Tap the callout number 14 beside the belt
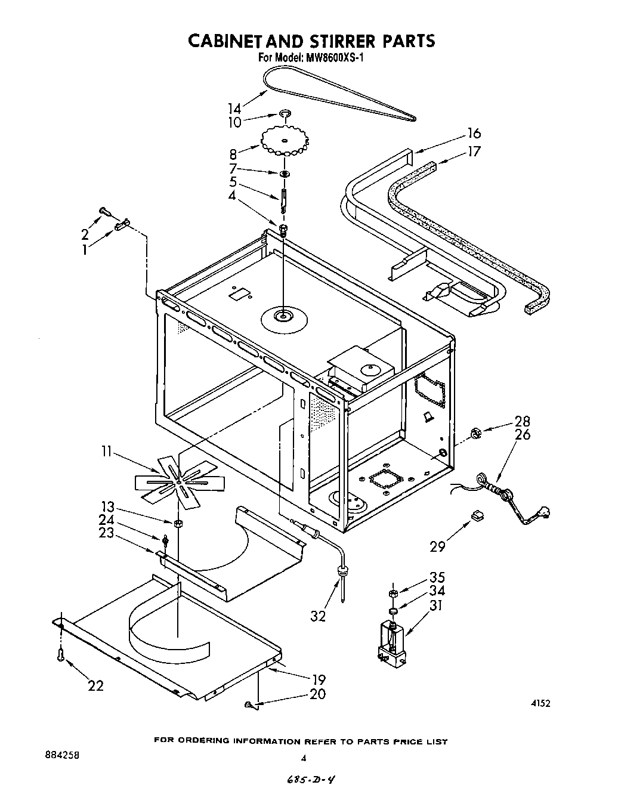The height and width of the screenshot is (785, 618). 234,108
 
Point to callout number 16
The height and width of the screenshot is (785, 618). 474,133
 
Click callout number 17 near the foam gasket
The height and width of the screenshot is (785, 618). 474,152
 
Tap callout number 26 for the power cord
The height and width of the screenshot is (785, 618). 522,434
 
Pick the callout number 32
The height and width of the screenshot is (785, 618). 318,616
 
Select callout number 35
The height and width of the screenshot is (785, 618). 437,577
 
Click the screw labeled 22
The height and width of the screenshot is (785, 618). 61,655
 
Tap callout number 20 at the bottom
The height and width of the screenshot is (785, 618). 318,694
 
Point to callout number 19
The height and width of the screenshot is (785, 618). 318,679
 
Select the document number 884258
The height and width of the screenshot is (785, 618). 60,755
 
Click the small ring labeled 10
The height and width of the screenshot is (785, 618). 285,113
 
